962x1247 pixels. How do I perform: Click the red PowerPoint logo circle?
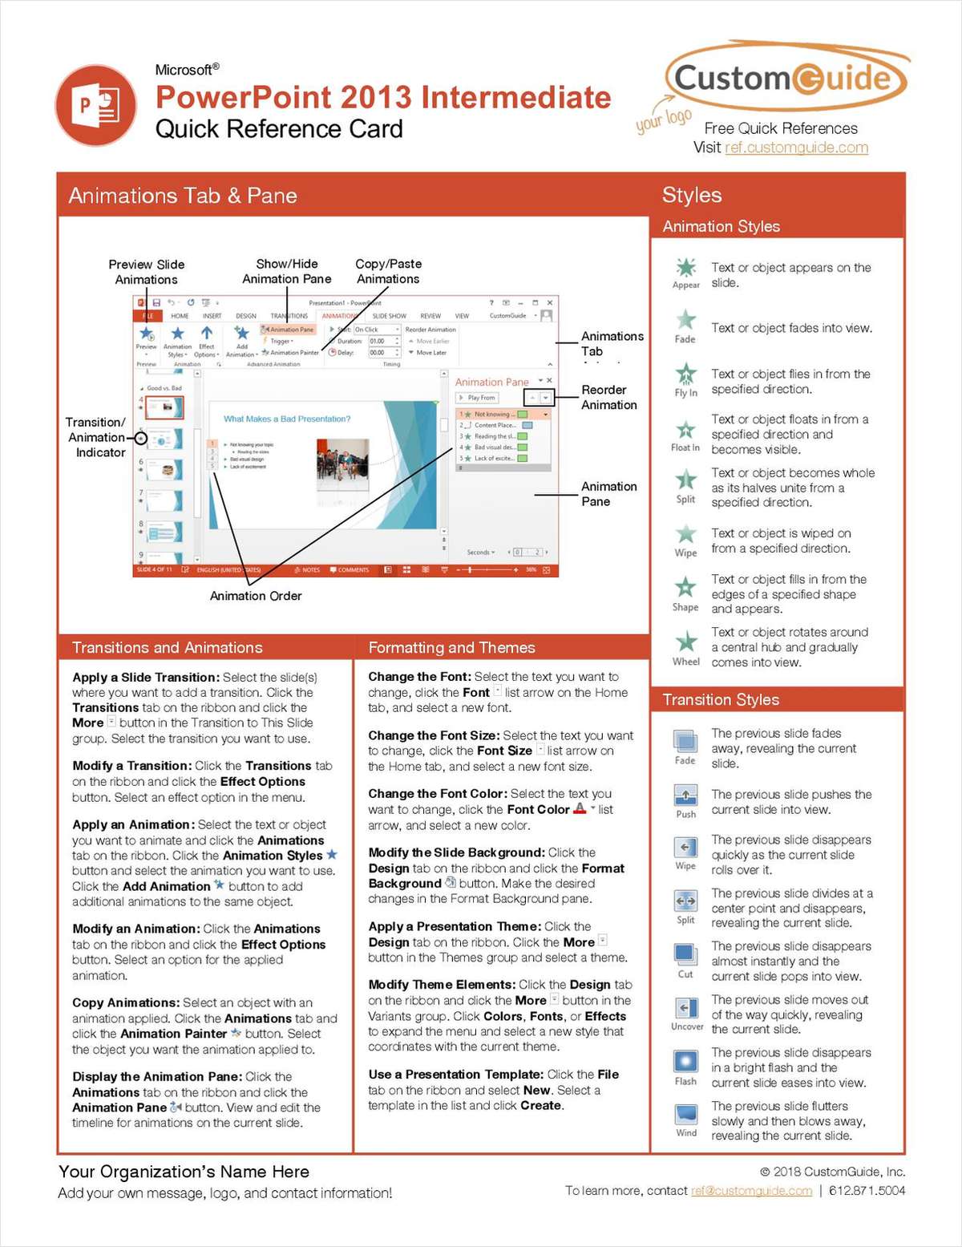(95, 106)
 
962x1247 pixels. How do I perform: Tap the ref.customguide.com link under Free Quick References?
(795, 148)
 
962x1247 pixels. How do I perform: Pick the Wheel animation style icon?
(685, 642)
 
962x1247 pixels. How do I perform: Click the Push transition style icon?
(685, 796)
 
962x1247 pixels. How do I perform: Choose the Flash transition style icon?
(685, 1062)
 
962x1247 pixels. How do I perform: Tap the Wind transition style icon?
(685, 1115)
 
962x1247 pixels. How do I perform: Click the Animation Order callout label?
(256, 596)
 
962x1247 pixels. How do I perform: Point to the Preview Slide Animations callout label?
(147, 272)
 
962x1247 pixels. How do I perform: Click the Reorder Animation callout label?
(608, 397)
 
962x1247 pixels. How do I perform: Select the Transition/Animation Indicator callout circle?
(141, 438)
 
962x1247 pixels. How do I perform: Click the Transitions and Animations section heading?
(168, 647)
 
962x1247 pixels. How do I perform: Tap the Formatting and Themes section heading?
(451, 647)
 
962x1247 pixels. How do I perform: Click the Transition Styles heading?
(721, 699)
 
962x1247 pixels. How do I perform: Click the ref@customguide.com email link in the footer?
(751, 1191)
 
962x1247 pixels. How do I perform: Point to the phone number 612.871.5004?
(867, 1191)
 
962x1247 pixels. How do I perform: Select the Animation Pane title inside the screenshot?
(491, 383)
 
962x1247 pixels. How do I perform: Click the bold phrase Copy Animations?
(126, 1002)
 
